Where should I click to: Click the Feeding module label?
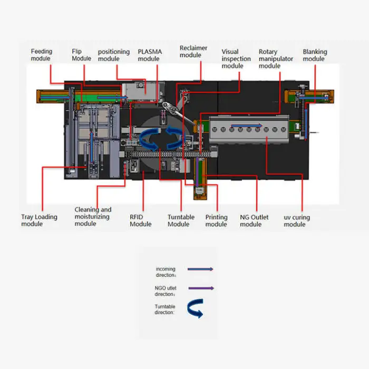[42, 55]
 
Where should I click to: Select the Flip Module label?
[81, 55]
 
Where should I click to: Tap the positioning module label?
[113, 55]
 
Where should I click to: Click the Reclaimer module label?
[193, 52]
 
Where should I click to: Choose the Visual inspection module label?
[232, 59]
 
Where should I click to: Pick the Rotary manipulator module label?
[276, 59]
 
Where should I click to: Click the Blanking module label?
[315, 55]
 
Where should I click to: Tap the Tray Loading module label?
[39, 220]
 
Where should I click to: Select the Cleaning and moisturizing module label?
[93, 217]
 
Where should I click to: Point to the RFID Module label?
[140, 220]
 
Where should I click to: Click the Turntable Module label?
[181, 220]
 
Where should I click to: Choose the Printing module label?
[216, 220]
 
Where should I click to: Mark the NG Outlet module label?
[254, 220]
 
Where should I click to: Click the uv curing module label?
[297, 220]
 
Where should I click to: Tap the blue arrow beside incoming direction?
[200, 269]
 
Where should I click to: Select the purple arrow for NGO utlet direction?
[200, 288]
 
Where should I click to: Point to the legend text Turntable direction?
[165, 309]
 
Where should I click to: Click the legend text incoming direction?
[166, 272]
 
